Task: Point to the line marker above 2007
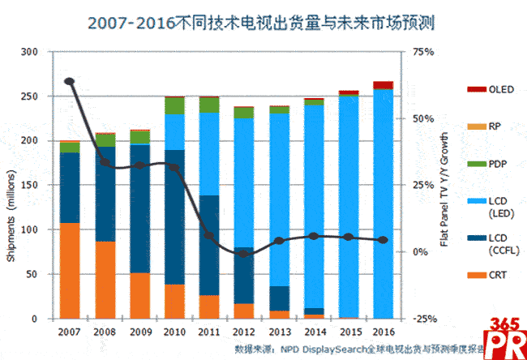pyautogui.click(x=70, y=81)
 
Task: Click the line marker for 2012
pyautogui.click(x=244, y=254)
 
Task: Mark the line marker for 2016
pyautogui.click(x=383, y=240)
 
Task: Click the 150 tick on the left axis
pyautogui.click(x=32, y=185)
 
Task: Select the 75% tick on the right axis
pyautogui.click(x=424, y=52)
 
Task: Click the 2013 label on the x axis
pyautogui.click(x=279, y=332)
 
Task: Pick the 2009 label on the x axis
pyautogui.click(x=139, y=332)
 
